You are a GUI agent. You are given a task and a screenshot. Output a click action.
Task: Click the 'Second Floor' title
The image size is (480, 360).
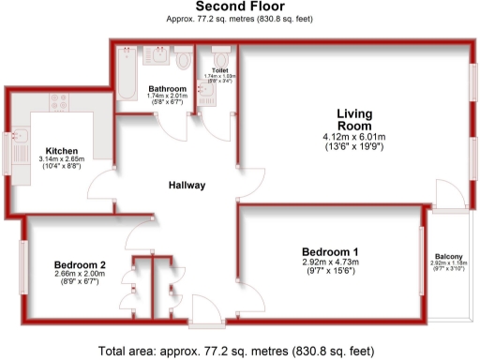pos(239,7)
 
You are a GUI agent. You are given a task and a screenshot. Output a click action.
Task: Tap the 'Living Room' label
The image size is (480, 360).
pos(355,119)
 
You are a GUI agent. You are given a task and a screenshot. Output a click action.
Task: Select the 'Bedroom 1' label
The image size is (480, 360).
pos(329,251)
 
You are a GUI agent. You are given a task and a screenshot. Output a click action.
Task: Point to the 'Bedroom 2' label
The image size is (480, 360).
pos(80,265)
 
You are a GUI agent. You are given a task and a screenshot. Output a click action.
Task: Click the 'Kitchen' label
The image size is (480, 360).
pos(62,151)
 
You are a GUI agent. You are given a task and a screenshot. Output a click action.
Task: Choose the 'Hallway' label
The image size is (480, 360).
pos(187,185)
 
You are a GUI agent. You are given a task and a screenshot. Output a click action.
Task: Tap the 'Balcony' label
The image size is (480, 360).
pos(447,257)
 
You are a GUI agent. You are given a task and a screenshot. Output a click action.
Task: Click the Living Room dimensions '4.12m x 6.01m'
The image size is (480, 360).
pos(355,136)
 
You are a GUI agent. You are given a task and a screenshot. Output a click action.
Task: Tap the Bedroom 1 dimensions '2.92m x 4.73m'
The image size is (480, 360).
pos(329,263)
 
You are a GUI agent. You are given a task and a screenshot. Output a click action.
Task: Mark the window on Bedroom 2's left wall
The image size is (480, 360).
pos(22,268)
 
